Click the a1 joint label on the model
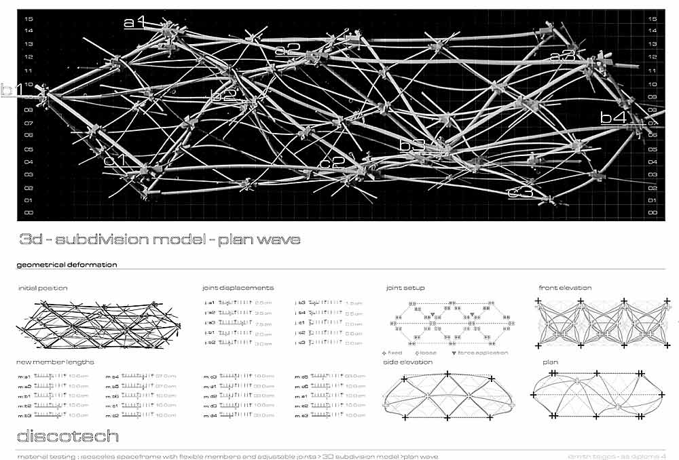(134, 22)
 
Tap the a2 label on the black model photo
(287, 49)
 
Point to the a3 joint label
(563, 56)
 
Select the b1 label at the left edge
(12, 90)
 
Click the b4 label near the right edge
(613, 117)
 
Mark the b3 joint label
(411, 145)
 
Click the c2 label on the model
(332, 163)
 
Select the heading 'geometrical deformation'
(66, 265)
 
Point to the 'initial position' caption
(43, 288)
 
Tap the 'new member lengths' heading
(48, 362)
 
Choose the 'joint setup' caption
(405, 288)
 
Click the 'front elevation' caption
(565, 288)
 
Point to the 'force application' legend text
(484, 353)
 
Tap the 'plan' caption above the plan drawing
(550, 362)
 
